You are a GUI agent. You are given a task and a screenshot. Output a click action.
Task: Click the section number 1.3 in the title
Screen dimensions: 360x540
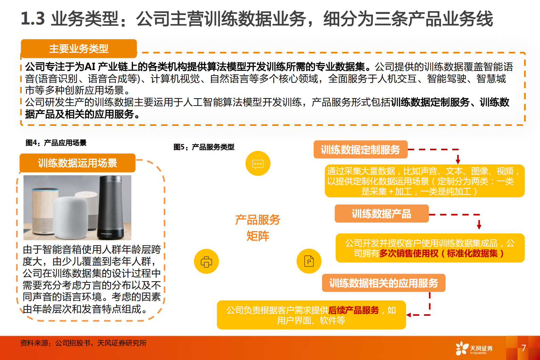[33, 18]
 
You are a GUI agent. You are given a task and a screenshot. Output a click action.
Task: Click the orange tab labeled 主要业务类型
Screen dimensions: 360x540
[79, 49]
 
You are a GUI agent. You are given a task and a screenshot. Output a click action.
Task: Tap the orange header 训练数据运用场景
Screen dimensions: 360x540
[77, 163]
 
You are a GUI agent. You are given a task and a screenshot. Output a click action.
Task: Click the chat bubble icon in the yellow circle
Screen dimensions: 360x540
[258, 164]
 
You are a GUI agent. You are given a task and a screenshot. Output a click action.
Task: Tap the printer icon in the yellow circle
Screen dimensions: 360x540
[206, 262]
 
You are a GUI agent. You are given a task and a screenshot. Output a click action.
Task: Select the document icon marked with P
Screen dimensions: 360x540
[309, 261]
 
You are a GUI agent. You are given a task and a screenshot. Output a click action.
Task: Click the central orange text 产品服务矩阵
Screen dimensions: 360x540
[258, 228]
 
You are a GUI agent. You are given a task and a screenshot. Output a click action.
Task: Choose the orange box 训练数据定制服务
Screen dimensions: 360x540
[360, 150]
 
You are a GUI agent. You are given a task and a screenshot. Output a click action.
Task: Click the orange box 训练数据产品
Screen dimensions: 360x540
[381, 214]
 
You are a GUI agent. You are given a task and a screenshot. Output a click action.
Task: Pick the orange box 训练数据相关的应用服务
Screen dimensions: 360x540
[383, 283]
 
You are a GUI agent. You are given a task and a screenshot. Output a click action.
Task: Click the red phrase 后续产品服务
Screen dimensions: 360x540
[354, 310]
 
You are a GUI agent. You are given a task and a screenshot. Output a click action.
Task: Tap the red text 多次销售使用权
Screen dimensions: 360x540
[409, 253]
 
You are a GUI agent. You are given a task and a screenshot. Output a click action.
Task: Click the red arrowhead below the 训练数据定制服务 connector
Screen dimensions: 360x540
[458, 161]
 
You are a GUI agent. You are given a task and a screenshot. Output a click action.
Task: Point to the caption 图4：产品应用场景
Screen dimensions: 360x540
[56, 143]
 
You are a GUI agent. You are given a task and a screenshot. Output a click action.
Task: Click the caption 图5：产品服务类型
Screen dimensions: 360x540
[204, 147]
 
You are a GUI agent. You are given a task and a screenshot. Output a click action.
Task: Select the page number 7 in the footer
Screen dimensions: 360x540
[524, 348]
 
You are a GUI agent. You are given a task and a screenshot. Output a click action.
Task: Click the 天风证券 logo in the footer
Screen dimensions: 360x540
[474, 348]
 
